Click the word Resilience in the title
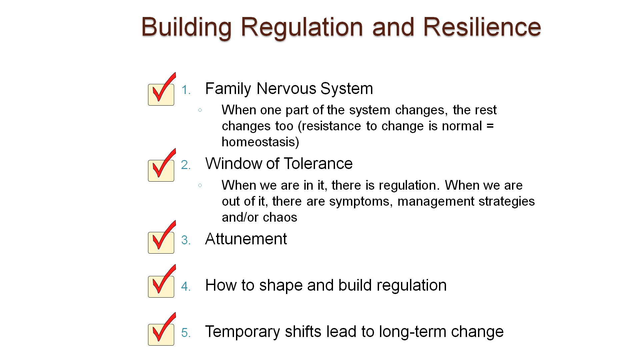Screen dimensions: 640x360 482,27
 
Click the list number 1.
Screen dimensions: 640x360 186,90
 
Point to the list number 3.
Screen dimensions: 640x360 186,240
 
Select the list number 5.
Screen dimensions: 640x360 186,333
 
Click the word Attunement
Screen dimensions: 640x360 246,239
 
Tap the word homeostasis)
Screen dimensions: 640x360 260,142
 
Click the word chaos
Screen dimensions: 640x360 280,218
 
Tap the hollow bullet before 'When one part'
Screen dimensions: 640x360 200,110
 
